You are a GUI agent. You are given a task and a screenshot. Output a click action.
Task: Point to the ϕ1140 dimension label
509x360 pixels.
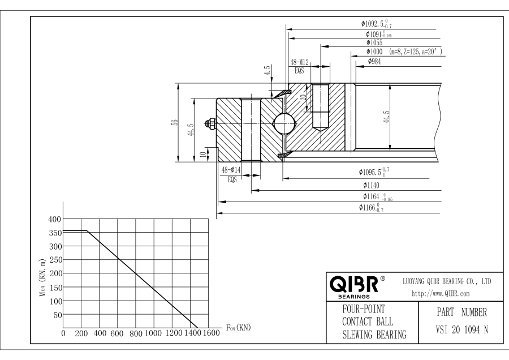[372, 185]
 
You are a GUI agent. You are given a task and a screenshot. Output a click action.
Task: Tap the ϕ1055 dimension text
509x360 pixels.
[374, 43]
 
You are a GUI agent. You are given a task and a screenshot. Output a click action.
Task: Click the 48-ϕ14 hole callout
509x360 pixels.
[231, 170]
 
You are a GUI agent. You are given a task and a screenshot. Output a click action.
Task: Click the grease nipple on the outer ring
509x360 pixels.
[210, 122]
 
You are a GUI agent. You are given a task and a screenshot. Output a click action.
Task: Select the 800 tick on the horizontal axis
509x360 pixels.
[136, 333]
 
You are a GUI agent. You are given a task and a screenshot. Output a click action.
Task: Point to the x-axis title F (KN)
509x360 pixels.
[238, 328]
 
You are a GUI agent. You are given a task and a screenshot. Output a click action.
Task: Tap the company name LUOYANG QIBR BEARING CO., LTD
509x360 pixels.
[446, 281]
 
